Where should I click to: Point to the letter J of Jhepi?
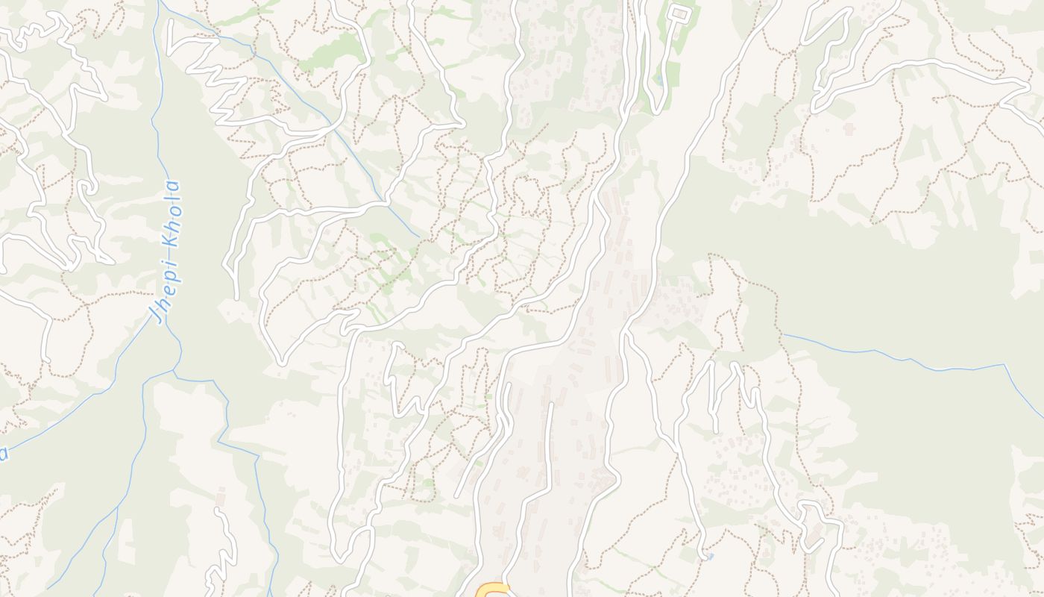coord(159,314)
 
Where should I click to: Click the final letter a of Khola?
coord(174,186)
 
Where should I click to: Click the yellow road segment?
coord(493,590)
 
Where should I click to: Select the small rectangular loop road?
coord(679,13)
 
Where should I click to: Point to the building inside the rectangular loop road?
coord(679,13)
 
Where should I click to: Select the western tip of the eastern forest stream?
coord(784,335)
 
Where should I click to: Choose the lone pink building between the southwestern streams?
coord(221,497)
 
